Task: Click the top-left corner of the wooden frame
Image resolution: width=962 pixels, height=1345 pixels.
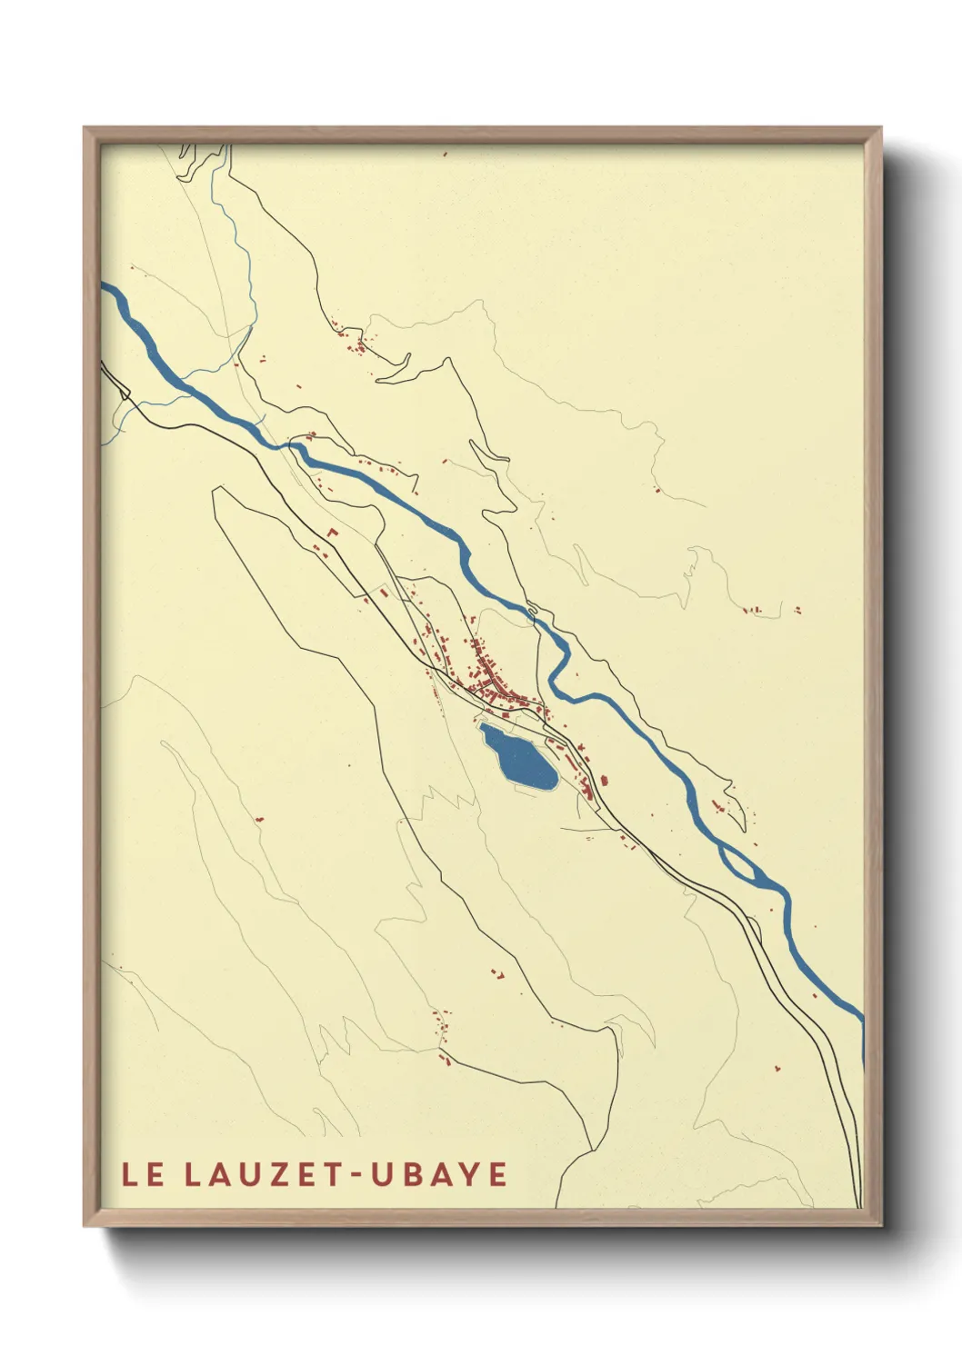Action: point(85,128)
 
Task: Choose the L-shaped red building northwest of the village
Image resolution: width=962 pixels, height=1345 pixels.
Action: point(333,530)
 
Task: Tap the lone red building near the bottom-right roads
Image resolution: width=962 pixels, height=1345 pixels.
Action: point(777,1066)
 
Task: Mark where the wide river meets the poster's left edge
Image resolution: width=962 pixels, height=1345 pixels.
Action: point(104,291)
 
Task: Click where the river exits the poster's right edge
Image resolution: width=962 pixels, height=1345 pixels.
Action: point(860,1016)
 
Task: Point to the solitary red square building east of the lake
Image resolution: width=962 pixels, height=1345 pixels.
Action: point(602,779)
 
